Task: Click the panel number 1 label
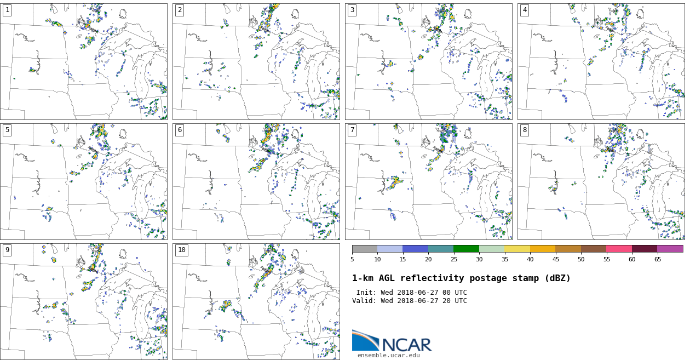click(7, 10)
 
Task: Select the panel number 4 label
click(525, 10)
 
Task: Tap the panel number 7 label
click(352, 130)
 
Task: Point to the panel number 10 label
click(181, 250)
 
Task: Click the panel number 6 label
click(180, 130)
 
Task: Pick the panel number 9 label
click(7, 250)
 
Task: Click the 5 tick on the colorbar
click(352, 259)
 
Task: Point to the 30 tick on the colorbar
click(479, 259)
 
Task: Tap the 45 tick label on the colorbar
click(555, 259)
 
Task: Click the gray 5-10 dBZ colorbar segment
click(365, 249)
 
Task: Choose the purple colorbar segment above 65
click(670, 249)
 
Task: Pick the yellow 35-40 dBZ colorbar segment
click(517, 249)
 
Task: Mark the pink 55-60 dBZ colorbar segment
click(619, 249)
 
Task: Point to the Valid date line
click(409, 301)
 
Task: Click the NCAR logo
click(392, 341)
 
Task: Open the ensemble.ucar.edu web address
click(389, 355)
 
